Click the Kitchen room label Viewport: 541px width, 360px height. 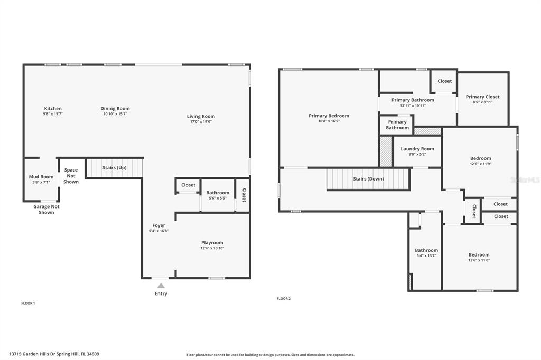[53, 108]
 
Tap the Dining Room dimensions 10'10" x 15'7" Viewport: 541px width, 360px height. [115, 114]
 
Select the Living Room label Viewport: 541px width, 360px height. [201, 116]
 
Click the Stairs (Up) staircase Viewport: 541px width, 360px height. [114, 168]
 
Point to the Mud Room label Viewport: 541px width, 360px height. [41, 176]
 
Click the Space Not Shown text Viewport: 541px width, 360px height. [71, 176]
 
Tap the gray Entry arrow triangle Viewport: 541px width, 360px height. [161, 285]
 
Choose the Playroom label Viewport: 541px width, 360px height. [212, 243]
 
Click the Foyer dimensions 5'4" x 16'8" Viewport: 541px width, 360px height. [158, 231]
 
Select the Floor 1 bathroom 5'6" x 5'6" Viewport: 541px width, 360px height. [218, 195]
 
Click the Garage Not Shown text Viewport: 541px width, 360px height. [46, 210]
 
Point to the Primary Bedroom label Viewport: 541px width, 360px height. [329, 116]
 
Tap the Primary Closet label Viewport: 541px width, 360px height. [483, 97]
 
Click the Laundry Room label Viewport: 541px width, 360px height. [417, 149]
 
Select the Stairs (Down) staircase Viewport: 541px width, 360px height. [368, 179]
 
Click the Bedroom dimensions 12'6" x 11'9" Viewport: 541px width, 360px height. [481, 164]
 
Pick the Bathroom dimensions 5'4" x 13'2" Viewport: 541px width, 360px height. [426, 256]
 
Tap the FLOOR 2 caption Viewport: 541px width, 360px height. [284, 299]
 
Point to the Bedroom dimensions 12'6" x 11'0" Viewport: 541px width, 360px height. [479, 260]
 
